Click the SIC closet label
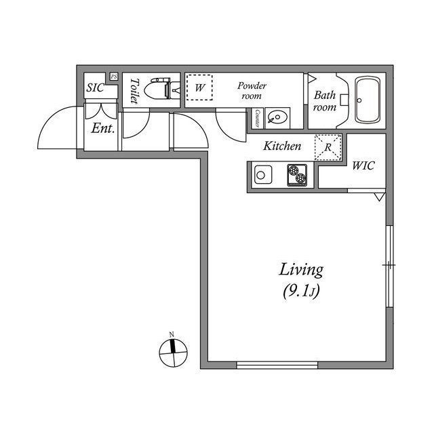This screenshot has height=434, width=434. [x=95, y=87]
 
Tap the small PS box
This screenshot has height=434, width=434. [x=113, y=77]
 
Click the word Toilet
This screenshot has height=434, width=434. [x=134, y=91]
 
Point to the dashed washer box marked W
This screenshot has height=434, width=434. [x=199, y=87]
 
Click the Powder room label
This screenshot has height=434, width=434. [x=252, y=91]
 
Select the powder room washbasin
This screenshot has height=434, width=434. [x=277, y=118]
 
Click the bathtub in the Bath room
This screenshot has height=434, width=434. [x=368, y=100]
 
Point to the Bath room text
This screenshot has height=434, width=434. [x=325, y=101]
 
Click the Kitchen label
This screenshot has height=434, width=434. [x=282, y=146]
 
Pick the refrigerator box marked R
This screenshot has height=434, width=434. [x=328, y=147]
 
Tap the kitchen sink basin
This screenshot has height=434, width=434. [x=263, y=175]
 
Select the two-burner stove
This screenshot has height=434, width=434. [x=297, y=175]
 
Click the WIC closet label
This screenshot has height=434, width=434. [x=363, y=165]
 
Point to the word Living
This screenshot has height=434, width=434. [x=301, y=270]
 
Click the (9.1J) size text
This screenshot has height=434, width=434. [x=301, y=291]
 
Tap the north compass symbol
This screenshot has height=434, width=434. [x=174, y=352]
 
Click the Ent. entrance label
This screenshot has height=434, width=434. [x=103, y=128]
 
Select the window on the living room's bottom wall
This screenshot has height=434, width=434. [x=277, y=365]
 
